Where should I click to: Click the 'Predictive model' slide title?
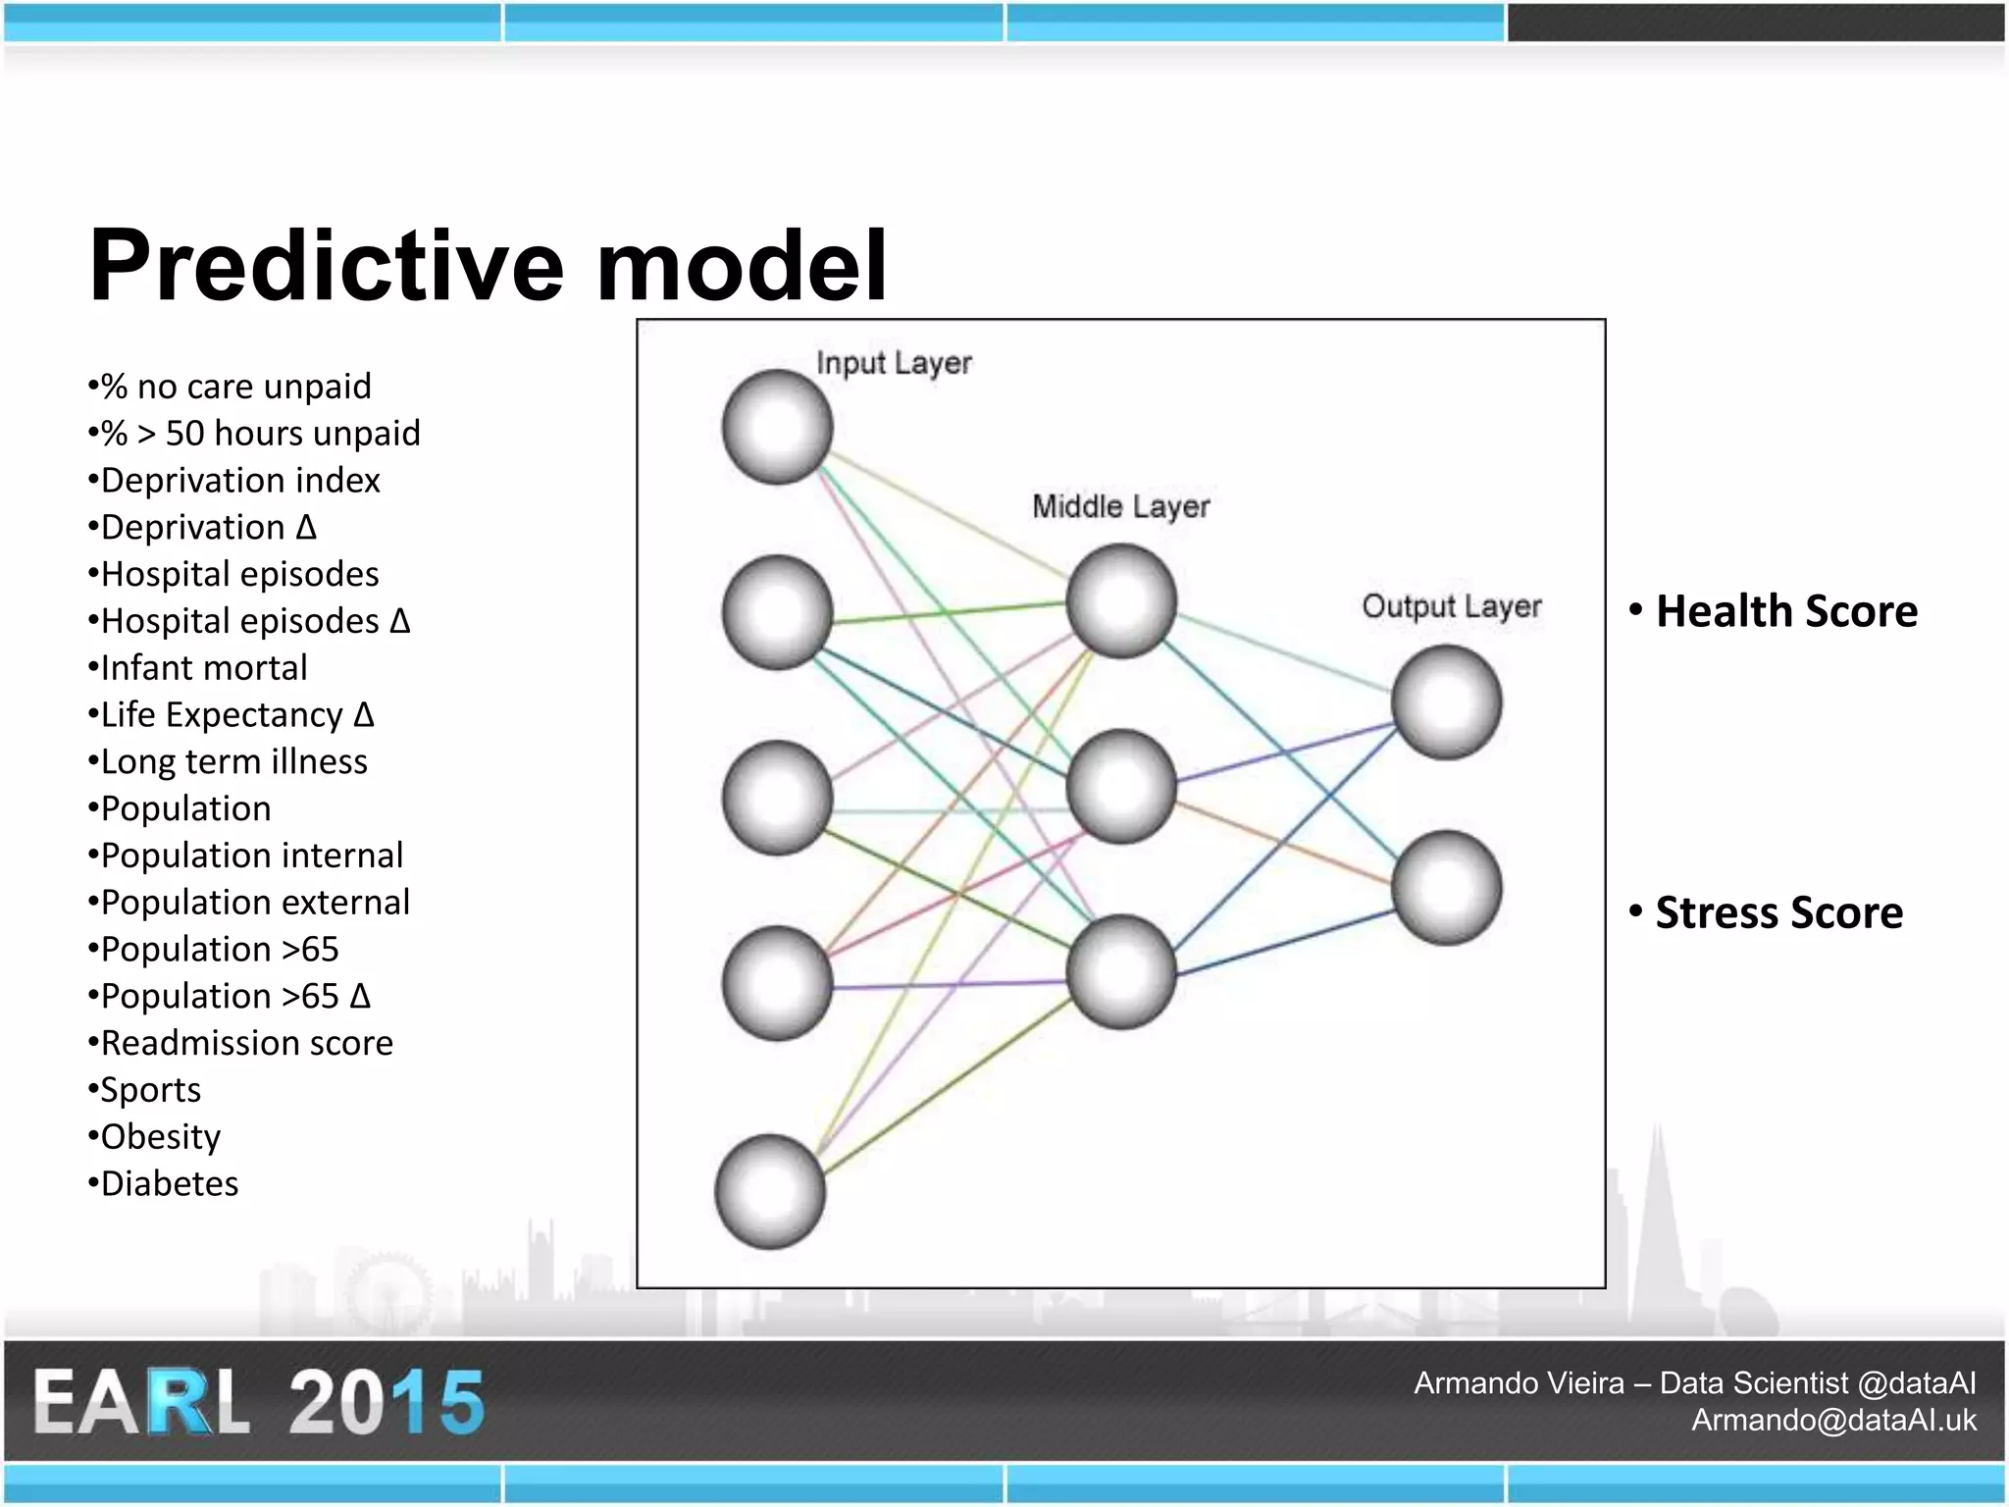coord(488,265)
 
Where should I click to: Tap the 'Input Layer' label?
coord(894,363)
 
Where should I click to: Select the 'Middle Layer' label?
coord(1120,506)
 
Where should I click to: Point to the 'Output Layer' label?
coord(1451,606)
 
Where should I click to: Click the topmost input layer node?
coord(778,427)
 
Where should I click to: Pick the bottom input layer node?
coord(771,1191)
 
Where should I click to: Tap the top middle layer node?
coord(1121,600)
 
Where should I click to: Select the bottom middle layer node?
coord(1121,971)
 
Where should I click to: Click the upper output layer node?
coord(1446,702)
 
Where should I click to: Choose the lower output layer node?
coord(1446,888)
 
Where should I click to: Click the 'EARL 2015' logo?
coord(259,1401)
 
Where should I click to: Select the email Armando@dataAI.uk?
coord(1832,1420)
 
